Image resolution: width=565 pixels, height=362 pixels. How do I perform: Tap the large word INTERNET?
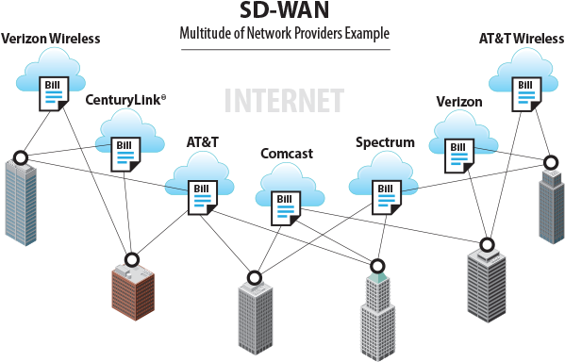(x=284, y=101)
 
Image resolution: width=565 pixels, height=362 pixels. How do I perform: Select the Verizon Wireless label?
(x=51, y=39)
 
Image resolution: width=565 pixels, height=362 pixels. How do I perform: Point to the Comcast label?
(x=287, y=153)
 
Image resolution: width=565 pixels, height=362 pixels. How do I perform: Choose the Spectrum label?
(x=385, y=142)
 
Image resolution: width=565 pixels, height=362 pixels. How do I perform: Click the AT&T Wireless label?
(x=521, y=39)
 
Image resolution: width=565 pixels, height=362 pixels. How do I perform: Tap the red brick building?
(x=132, y=293)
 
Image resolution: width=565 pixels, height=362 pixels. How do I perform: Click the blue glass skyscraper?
(x=21, y=203)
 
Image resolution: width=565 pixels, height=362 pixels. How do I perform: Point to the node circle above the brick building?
(x=132, y=258)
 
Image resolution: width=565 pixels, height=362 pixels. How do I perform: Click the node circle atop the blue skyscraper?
(x=20, y=157)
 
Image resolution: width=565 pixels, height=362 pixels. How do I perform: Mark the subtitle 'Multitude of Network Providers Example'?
(x=283, y=34)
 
